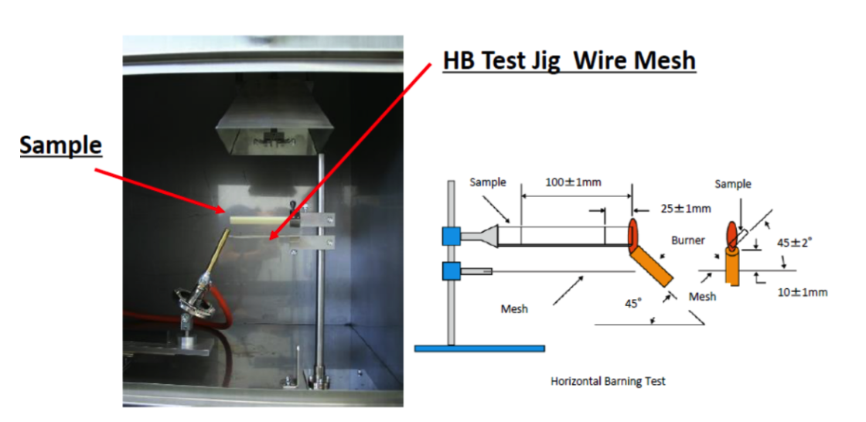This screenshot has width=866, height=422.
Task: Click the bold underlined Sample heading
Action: [x=61, y=145]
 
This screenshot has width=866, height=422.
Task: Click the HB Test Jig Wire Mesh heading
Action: [x=569, y=60]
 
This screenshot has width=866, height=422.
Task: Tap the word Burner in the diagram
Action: [x=687, y=240]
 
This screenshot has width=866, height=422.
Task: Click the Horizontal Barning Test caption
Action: [x=608, y=381]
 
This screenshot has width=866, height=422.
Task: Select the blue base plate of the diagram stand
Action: [x=479, y=349]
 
